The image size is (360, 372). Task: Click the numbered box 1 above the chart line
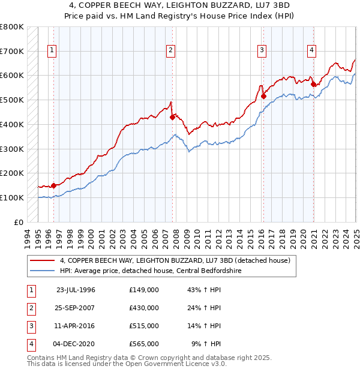click(53, 51)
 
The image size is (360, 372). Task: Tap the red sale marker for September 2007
click(172, 117)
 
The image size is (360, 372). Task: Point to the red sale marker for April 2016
click(263, 96)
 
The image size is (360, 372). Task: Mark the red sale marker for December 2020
click(313, 84)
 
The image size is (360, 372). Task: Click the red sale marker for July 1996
click(53, 185)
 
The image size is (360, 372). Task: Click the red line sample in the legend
click(43, 261)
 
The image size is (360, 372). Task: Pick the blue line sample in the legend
click(43, 271)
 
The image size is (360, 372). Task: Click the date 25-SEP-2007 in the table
click(76, 308)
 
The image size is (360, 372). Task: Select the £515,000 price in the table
click(144, 326)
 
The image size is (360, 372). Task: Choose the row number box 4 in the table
click(30, 344)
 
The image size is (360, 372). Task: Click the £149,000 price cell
click(144, 290)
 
